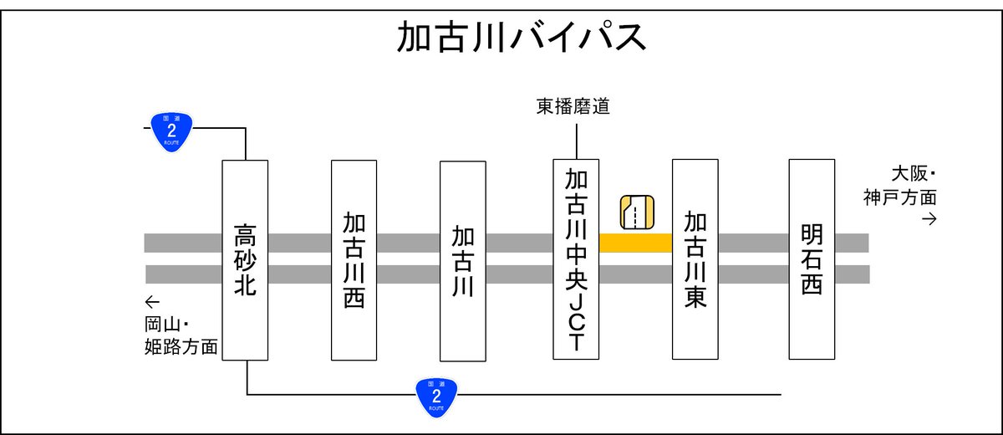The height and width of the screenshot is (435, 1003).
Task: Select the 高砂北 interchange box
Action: pos(245,259)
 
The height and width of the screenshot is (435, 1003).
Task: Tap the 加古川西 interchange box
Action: pos(354,259)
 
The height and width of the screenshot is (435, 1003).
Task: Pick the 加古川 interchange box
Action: pos(462,259)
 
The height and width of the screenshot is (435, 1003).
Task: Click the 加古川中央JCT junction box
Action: pos(576,258)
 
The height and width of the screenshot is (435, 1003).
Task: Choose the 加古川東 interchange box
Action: pos(695,258)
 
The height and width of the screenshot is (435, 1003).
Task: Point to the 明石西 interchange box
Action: pos(812,258)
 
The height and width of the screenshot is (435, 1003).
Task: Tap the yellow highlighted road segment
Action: pos(635,243)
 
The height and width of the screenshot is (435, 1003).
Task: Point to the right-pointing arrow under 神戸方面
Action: pos(928,219)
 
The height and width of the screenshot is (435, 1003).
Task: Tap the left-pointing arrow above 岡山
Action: pos(151,302)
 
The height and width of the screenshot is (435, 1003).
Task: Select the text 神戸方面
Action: pos(900,198)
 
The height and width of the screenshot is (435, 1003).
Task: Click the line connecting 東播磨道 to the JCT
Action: pos(576,139)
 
